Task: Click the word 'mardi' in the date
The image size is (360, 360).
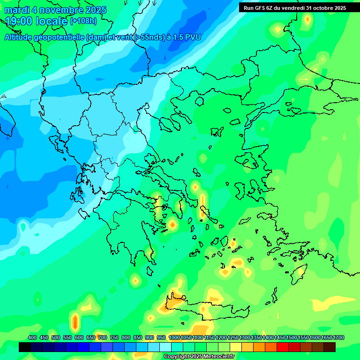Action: (x=17, y=10)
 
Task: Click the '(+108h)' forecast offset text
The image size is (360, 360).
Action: (x=83, y=21)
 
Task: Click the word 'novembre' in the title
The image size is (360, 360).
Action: (x=61, y=10)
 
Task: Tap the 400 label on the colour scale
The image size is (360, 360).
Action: (x=32, y=337)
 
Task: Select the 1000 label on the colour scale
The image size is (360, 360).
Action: (x=174, y=337)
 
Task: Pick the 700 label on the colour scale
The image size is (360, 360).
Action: (x=103, y=337)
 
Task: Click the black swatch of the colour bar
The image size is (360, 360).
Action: (x=25, y=347)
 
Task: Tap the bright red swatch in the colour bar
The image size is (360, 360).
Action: (x=283, y=347)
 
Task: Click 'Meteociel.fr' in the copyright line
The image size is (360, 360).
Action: (x=216, y=357)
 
